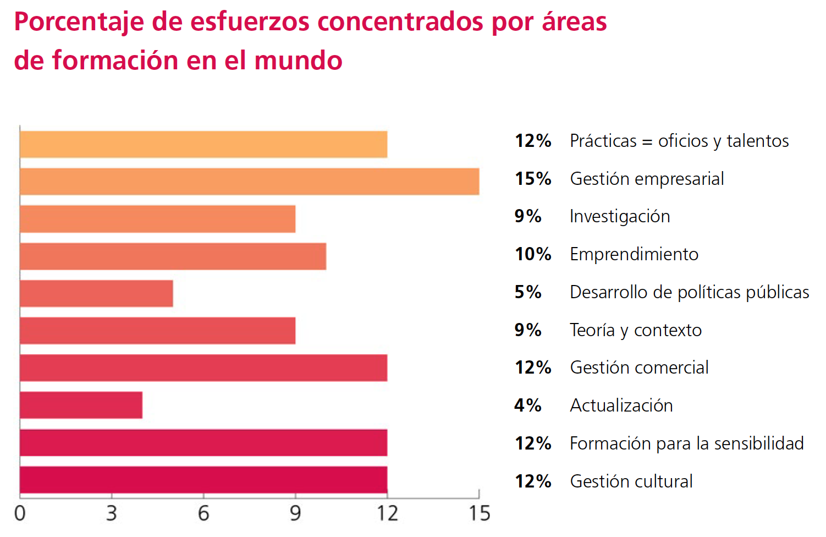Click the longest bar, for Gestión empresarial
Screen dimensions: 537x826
point(249,182)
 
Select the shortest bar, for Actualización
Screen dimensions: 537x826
point(81,405)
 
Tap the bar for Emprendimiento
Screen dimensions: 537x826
point(173,256)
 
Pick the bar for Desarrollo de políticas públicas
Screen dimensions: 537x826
point(96,293)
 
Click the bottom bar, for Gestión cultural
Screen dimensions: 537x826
point(203,480)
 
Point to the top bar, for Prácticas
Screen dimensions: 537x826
point(203,144)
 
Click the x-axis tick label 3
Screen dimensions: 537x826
point(112,513)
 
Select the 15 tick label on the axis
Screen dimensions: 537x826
point(479,513)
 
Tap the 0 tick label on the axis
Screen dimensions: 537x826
point(20,513)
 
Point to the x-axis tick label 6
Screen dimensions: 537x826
point(203,513)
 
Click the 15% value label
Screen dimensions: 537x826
point(533,179)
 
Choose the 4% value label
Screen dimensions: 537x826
point(528,406)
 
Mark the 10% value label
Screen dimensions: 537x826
point(533,254)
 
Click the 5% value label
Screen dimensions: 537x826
point(528,292)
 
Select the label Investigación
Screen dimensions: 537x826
point(620,216)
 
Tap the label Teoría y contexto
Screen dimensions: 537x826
point(636,330)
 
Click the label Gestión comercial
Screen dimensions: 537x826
point(639,368)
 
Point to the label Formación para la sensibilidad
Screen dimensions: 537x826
point(687,443)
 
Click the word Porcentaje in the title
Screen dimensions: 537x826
point(79,23)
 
